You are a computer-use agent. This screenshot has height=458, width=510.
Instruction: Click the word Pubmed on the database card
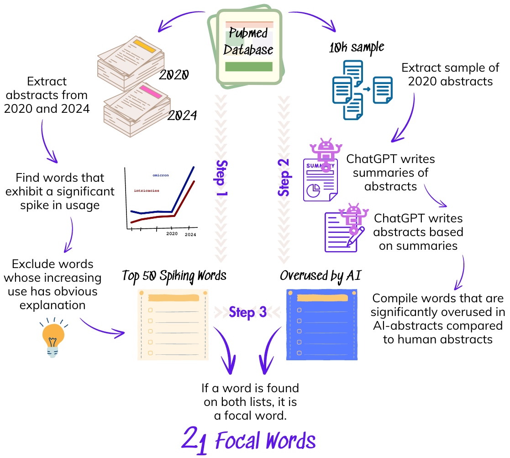[x=248, y=33]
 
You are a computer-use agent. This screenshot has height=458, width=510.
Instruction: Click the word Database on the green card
[x=248, y=49]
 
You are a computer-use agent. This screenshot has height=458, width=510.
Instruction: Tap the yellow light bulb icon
[x=53, y=338]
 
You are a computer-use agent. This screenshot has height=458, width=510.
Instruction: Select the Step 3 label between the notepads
[x=247, y=312]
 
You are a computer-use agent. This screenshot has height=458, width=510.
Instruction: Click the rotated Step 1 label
[x=221, y=178]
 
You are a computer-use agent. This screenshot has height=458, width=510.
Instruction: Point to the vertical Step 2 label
[x=284, y=178]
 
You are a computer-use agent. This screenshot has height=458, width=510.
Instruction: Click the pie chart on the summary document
[x=313, y=190]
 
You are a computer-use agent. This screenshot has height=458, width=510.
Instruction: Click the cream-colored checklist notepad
[x=173, y=325]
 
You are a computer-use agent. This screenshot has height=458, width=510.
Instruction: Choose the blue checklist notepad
[x=322, y=325]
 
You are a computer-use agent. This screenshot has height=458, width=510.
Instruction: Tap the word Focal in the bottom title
[x=237, y=441]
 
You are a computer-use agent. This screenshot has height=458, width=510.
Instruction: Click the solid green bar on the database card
[x=249, y=67]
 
